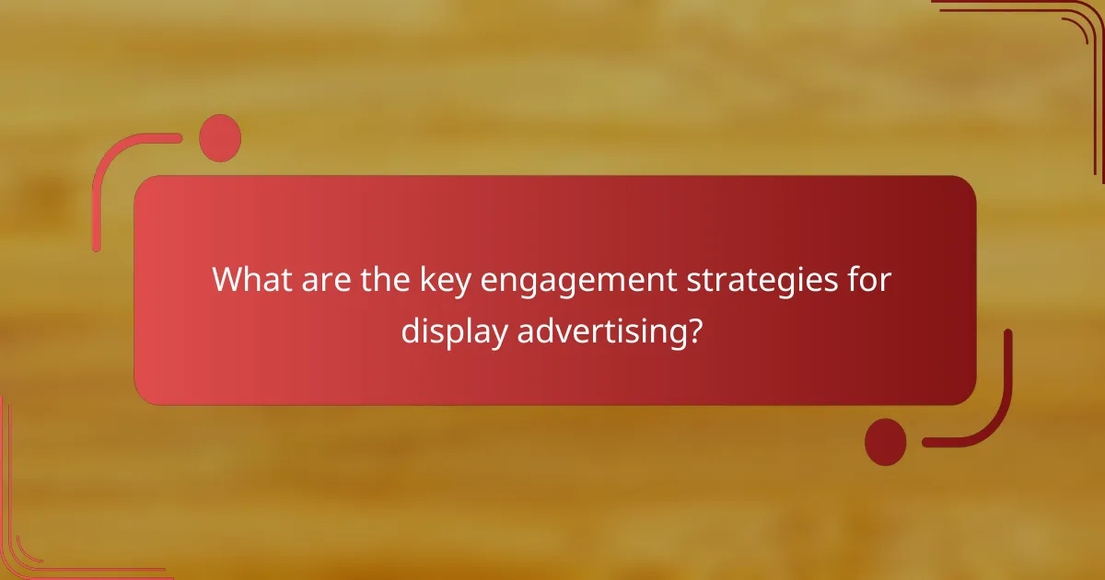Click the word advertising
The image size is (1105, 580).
599,331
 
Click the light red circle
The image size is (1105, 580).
220,138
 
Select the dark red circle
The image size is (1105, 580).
885,442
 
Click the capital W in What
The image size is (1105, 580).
226,280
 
